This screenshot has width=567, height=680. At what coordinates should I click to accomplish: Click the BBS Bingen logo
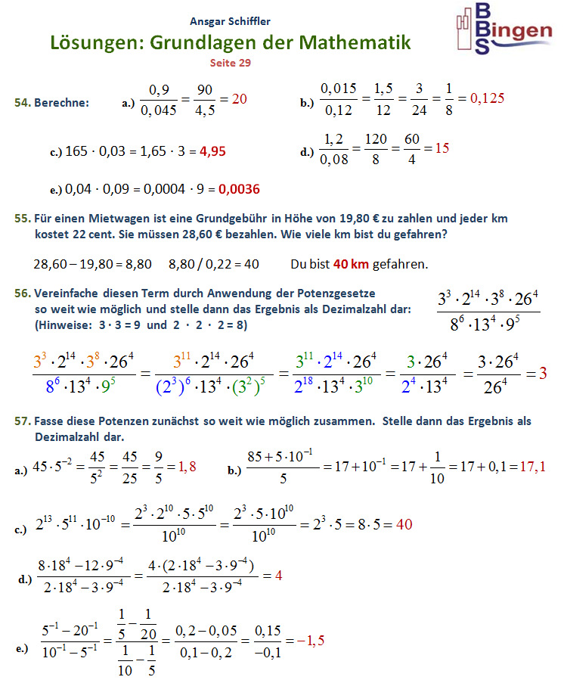pos(503,29)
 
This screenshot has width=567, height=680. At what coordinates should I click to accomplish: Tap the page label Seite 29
pos(230,63)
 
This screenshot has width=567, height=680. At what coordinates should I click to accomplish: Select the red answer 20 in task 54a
pos(240,98)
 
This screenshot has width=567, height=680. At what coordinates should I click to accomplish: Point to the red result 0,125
pos(487,98)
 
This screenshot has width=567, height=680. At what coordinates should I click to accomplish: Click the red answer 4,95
pos(212,151)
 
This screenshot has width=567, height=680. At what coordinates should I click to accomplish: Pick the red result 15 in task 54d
pos(442,148)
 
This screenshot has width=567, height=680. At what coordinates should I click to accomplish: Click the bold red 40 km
pos(351,264)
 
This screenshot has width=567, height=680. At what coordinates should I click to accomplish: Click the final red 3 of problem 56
pos(542,373)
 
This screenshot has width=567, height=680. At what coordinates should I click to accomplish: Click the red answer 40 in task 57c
pos(404,524)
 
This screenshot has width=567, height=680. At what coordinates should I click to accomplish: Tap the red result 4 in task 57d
pos(278,575)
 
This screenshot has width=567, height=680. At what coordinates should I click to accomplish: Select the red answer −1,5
pos(311,641)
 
